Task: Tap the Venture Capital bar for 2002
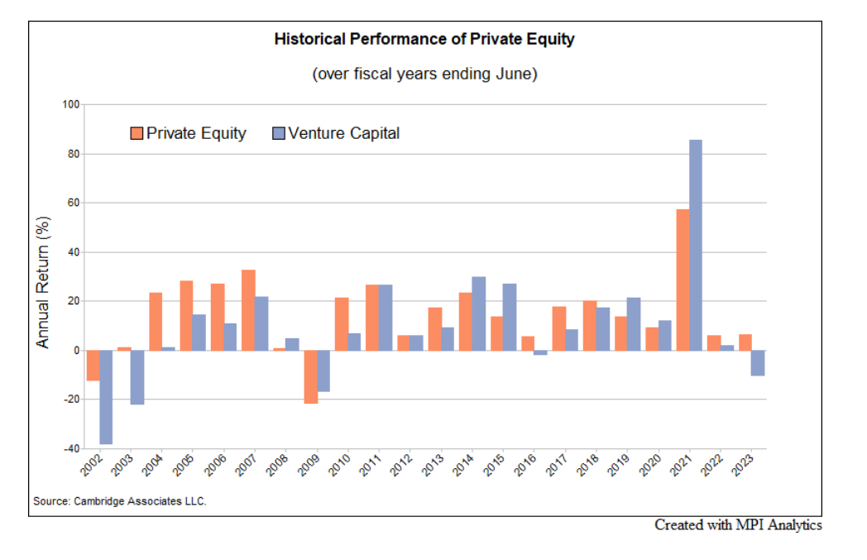click(x=106, y=397)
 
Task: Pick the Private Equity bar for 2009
click(x=310, y=376)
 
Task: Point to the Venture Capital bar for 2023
click(x=758, y=363)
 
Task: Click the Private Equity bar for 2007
click(x=248, y=310)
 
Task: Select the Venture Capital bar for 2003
click(x=137, y=377)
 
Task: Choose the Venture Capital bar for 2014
click(x=478, y=314)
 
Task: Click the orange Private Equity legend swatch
click(x=137, y=133)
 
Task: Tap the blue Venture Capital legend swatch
click(x=278, y=133)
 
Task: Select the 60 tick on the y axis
click(x=74, y=203)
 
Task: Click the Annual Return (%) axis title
click(x=44, y=281)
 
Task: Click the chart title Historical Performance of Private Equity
click(x=424, y=39)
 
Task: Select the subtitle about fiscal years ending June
click(x=424, y=74)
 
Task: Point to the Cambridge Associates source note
click(x=120, y=501)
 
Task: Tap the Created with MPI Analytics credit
click(x=738, y=524)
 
